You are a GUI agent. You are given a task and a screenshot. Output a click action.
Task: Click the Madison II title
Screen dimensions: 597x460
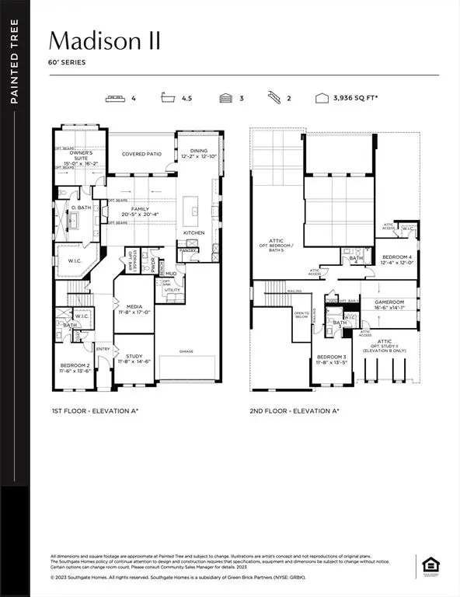tap(105, 40)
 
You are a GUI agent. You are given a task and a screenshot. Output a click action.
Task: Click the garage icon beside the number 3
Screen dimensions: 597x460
tap(226, 99)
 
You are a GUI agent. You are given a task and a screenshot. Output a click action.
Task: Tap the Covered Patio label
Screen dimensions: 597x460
tap(141, 154)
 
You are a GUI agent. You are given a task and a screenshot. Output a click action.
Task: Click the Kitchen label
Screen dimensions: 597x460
tap(193, 232)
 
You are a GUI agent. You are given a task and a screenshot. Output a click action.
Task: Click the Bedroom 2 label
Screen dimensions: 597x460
tap(76, 368)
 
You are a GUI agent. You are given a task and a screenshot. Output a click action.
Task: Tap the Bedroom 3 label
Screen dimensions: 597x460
tap(331, 360)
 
